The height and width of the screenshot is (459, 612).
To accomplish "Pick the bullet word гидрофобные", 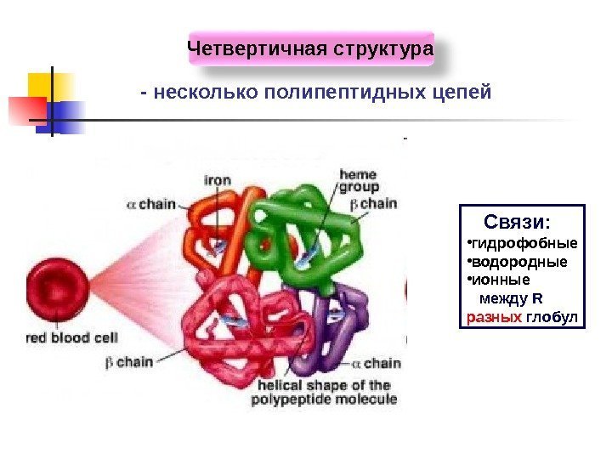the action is point(522,246).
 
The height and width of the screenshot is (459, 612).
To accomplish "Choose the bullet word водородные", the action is point(518,262).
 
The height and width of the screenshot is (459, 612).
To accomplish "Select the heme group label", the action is point(359,181).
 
